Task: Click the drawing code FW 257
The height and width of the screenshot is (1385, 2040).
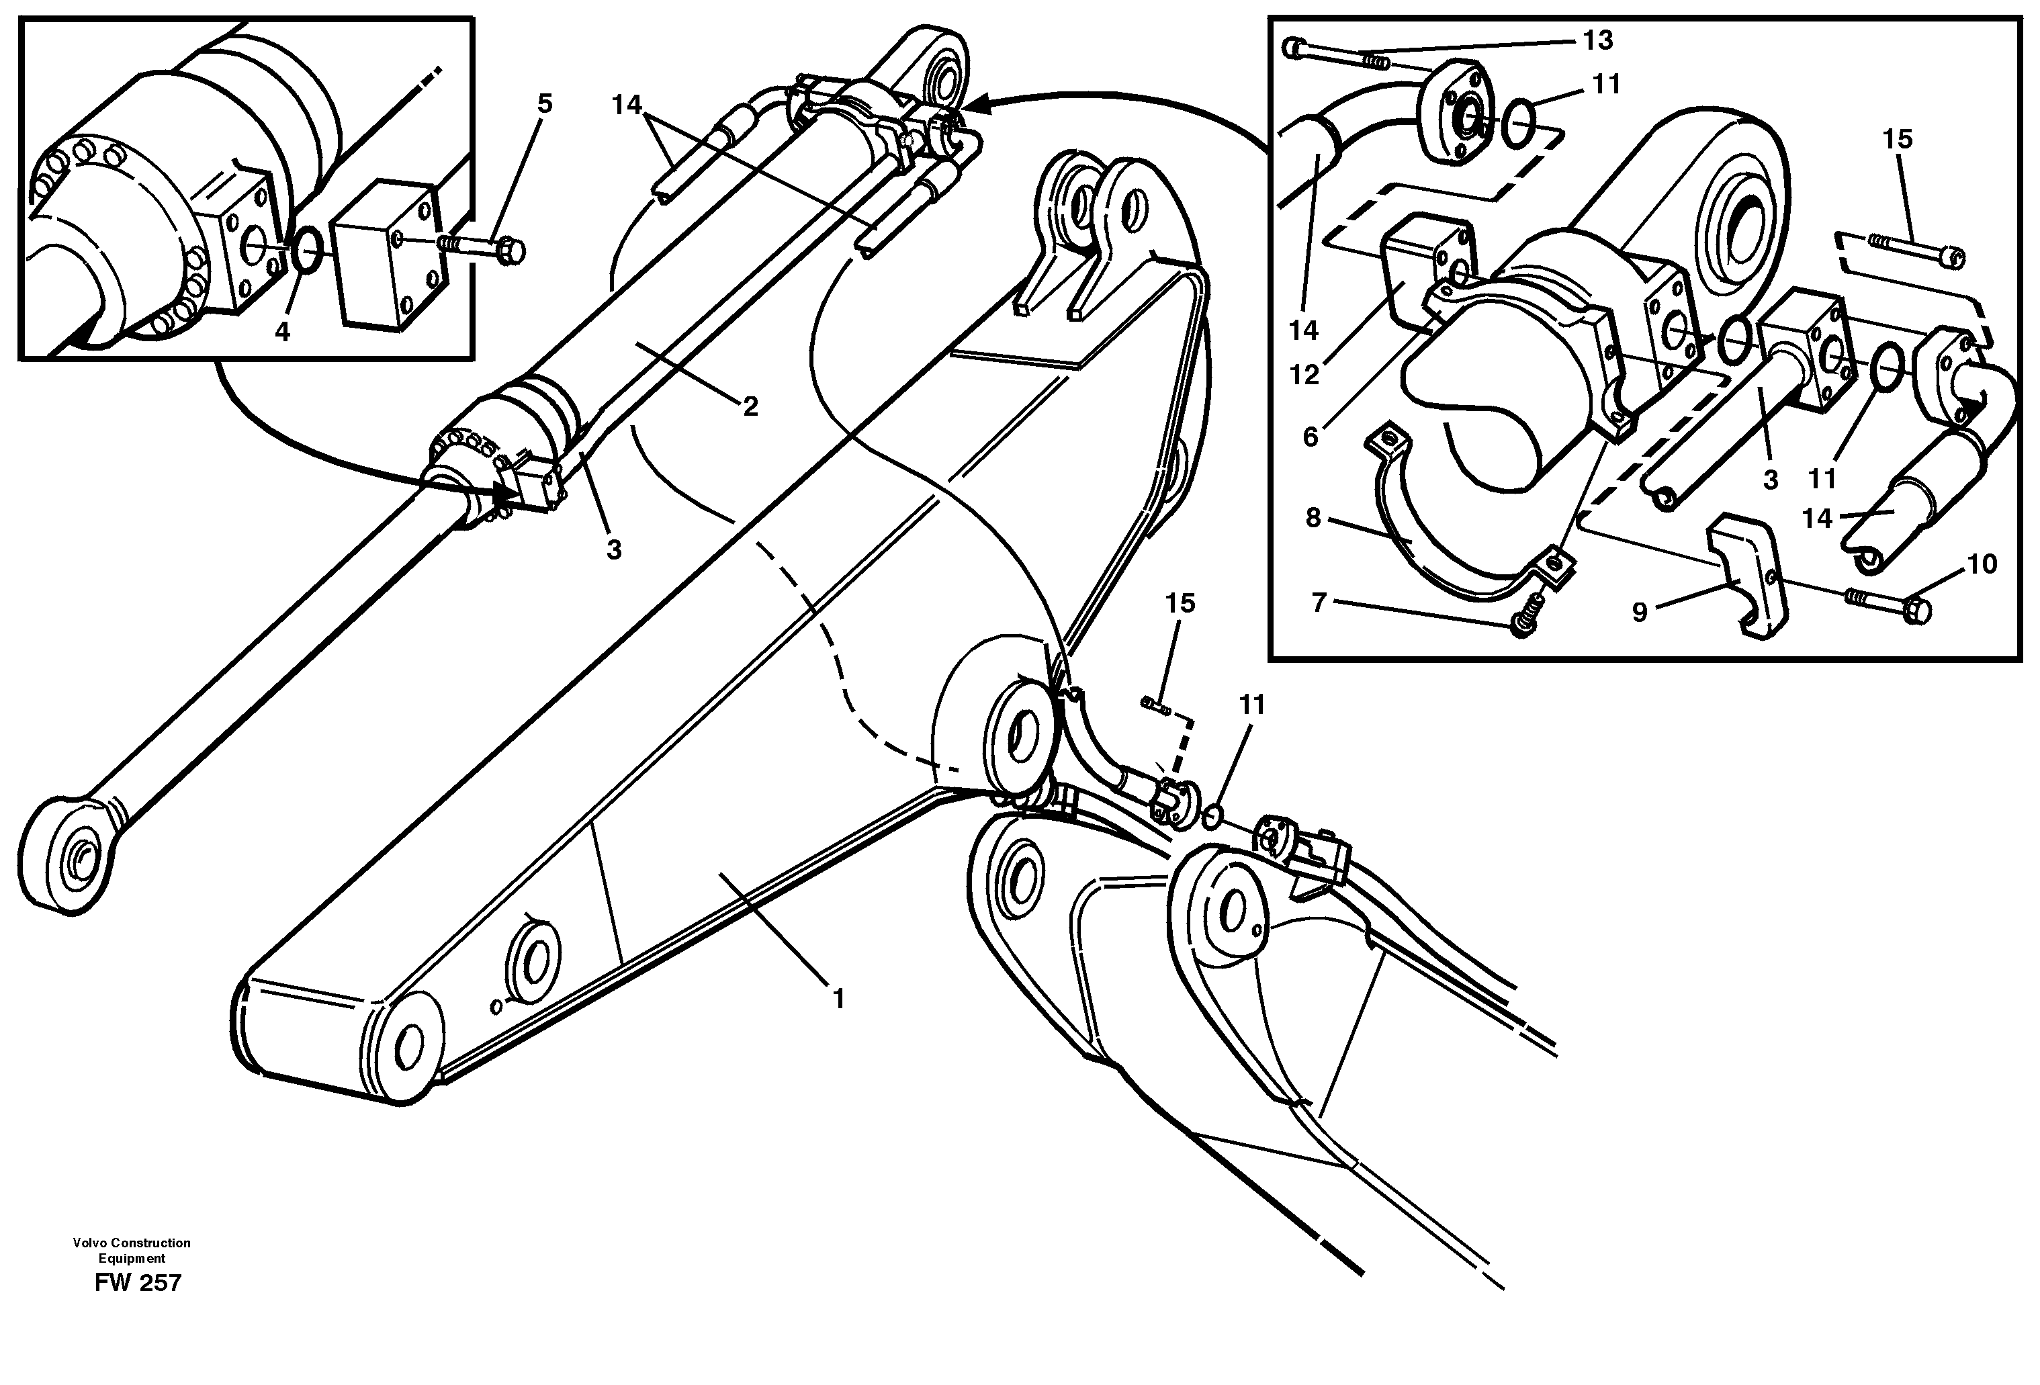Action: (x=138, y=1283)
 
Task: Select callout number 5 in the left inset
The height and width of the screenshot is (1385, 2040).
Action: (x=545, y=103)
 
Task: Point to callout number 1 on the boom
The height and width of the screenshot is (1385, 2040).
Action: (x=838, y=999)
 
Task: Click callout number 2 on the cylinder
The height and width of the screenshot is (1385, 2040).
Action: (x=750, y=406)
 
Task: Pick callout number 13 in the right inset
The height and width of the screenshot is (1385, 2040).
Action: (x=1597, y=40)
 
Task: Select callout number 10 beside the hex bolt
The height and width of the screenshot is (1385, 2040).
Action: (x=1982, y=564)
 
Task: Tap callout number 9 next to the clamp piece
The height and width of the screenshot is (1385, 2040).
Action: (x=1640, y=613)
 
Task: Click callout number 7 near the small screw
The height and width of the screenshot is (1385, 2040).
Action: (x=1319, y=603)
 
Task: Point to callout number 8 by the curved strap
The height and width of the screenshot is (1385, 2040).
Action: (x=1313, y=518)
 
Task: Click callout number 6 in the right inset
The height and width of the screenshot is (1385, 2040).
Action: (x=1311, y=436)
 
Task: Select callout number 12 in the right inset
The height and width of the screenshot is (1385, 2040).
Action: (x=1304, y=375)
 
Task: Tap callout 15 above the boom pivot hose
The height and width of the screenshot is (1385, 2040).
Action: (x=1181, y=603)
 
